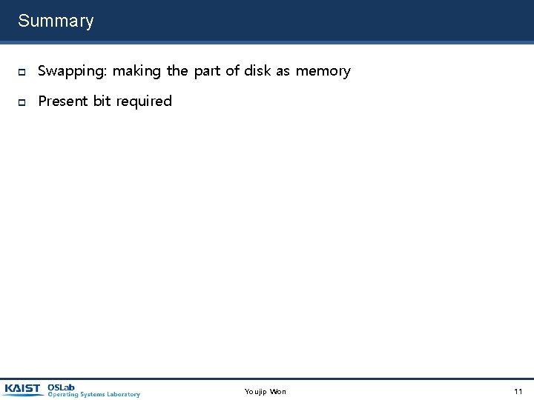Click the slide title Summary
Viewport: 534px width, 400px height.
click(56, 21)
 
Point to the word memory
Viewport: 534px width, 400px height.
click(323, 71)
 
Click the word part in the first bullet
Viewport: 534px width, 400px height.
click(207, 71)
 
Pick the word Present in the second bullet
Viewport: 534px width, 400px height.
click(62, 101)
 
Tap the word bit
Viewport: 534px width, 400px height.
click(102, 101)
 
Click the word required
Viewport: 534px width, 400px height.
click(144, 101)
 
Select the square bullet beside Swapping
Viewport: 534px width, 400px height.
click(22, 72)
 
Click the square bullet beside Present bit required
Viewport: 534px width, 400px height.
click(22, 101)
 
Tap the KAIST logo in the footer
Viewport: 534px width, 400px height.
click(22, 389)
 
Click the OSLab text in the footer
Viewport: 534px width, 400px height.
click(61, 387)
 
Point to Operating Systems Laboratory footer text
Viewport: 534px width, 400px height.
click(93, 395)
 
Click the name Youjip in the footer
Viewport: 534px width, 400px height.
click(256, 391)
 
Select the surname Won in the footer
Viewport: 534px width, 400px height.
click(278, 391)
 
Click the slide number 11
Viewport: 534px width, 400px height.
click(518, 391)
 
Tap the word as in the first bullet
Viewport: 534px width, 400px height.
click(283, 71)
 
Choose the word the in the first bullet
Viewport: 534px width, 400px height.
click(177, 71)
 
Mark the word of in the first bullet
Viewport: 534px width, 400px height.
click(232, 71)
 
